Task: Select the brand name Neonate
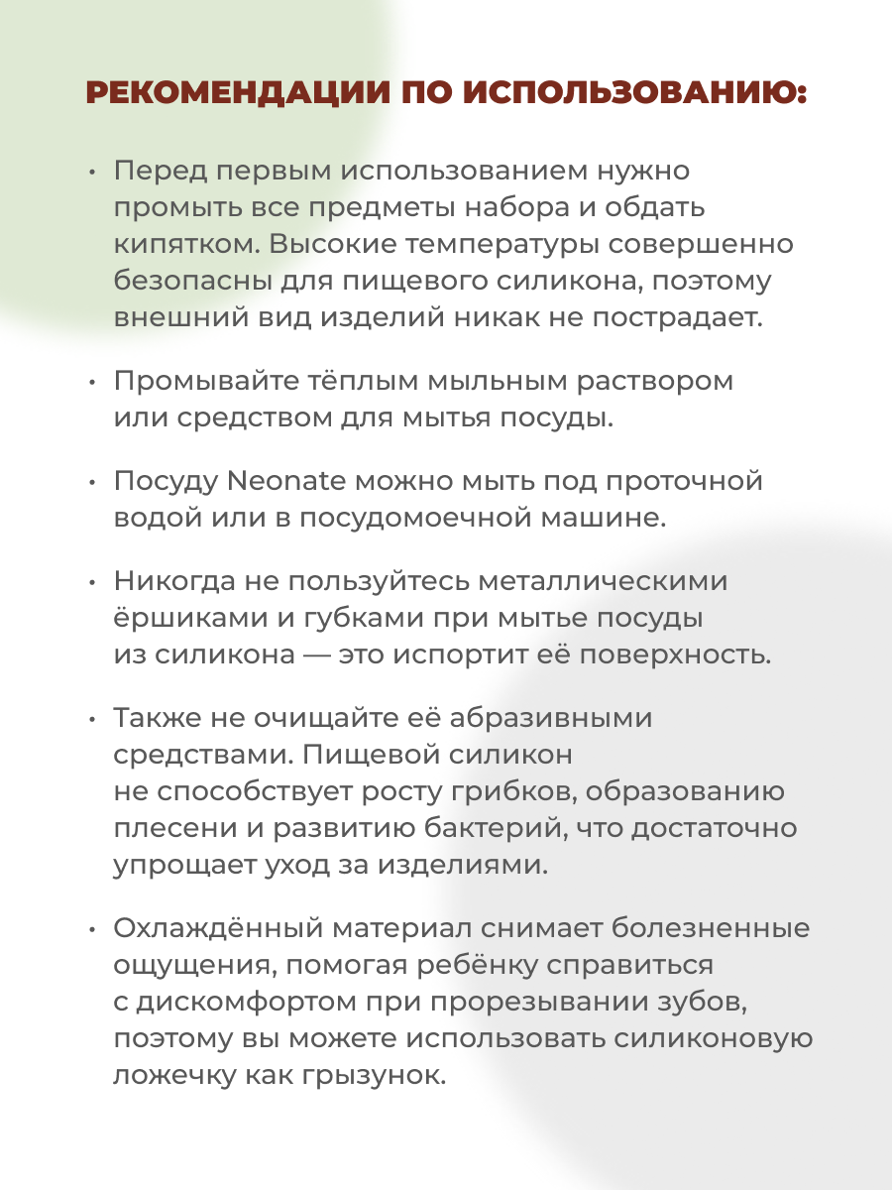point(285,481)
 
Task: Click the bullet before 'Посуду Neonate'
point(92,483)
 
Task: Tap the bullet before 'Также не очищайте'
point(92,719)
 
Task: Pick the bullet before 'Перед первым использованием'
point(92,172)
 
